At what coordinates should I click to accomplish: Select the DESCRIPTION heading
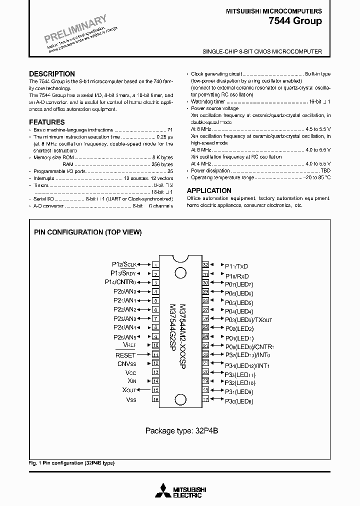click(52, 73)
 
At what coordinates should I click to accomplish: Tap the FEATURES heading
click(47, 122)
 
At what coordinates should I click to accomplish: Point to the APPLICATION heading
click(209, 190)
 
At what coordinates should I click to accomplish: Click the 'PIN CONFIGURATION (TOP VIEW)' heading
click(88, 232)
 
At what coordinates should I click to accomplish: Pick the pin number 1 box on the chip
click(155, 265)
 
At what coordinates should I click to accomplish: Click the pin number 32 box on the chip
click(205, 265)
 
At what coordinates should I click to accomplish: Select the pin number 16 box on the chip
click(155, 399)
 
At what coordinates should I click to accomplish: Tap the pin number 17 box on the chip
click(205, 399)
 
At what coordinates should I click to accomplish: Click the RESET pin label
click(125, 354)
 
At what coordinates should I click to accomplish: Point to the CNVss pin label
click(127, 363)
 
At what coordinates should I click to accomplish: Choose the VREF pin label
click(129, 345)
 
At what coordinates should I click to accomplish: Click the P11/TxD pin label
click(236, 266)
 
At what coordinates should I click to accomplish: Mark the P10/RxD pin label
click(236, 275)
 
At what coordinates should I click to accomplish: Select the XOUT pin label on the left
click(129, 390)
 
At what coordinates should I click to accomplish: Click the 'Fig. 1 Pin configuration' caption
click(71, 463)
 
